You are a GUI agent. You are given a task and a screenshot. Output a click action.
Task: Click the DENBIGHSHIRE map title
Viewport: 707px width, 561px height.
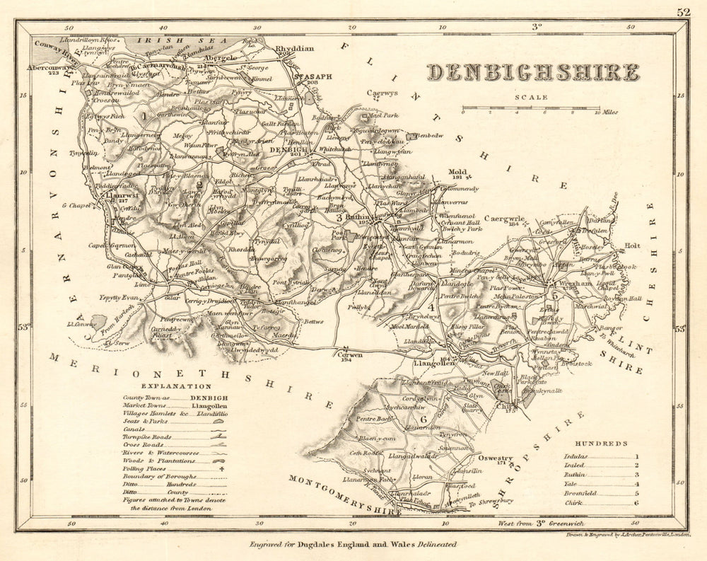532,72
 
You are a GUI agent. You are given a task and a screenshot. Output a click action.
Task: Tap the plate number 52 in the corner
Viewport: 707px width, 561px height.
683,11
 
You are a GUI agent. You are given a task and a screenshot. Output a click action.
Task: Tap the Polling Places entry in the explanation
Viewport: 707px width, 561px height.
164,468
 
